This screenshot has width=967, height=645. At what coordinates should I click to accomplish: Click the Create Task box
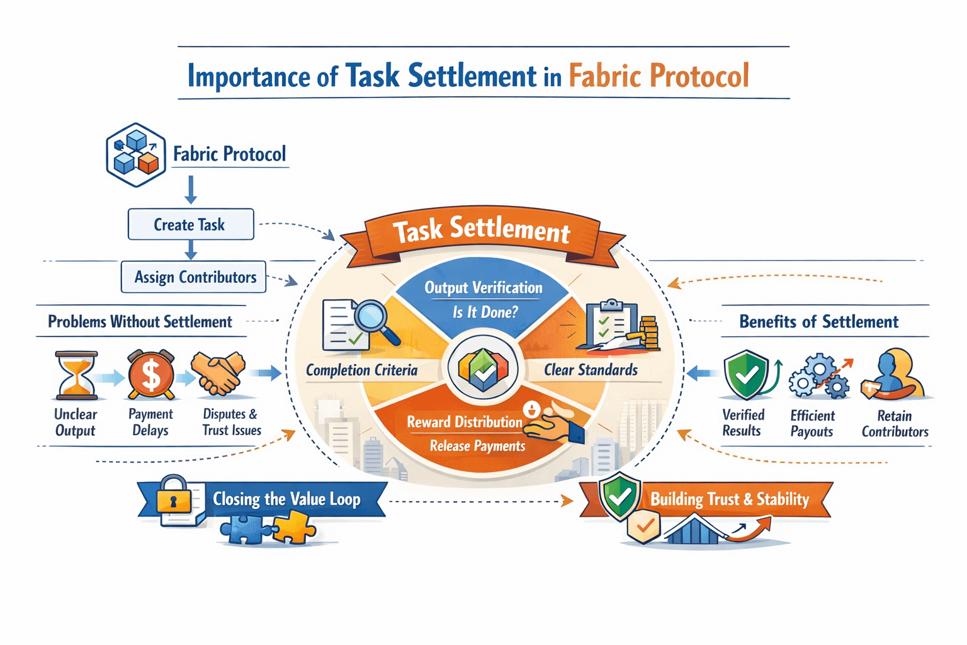190,225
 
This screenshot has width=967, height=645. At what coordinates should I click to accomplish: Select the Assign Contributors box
194,277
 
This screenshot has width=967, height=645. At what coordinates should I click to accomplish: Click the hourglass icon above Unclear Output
77,375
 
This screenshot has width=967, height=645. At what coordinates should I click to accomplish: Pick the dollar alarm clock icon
151,375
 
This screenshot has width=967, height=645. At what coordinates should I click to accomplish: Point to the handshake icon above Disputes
218,373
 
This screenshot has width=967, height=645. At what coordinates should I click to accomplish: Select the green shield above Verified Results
747,375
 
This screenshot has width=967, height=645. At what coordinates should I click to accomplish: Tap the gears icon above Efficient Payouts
818,376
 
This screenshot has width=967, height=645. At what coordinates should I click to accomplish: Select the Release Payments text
477,446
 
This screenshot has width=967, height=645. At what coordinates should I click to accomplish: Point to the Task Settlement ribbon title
482,231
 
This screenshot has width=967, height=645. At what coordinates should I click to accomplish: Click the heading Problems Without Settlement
140,322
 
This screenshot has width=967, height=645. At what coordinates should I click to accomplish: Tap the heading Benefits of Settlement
818,322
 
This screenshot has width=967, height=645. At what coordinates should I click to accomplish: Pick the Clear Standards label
591,370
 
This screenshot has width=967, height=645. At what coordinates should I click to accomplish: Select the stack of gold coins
648,332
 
